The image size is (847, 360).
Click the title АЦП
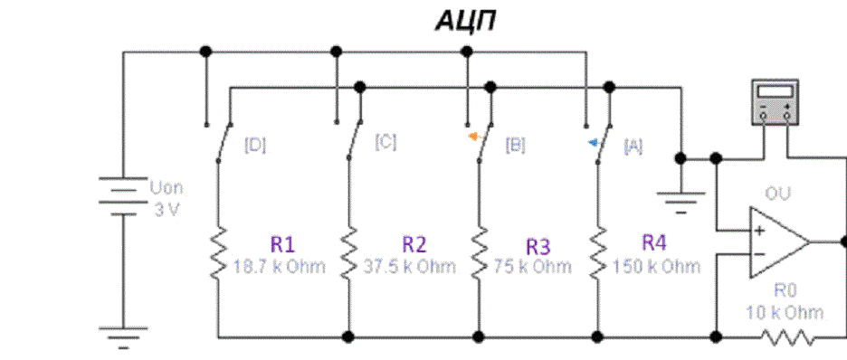tap(465, 22)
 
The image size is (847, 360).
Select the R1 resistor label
tap(282, 244)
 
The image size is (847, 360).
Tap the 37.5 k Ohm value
tap(410, 267)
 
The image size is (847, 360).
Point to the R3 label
tap(538, 247)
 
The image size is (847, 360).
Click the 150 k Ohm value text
tap(656, 266)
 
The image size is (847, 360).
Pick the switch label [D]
tap(255, 146)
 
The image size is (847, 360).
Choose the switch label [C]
tap(385, 143)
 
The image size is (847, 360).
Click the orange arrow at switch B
tap(475, 137)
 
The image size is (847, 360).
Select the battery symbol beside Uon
tap(123, 196)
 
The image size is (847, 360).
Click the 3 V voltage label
tap(167, 210)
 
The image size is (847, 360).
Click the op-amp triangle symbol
tap(779, 242)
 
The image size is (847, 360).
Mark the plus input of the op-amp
tap(759, 231)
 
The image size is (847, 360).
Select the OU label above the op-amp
tap(778, 194)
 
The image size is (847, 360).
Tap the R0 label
tap(785, 291)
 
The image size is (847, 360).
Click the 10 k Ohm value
tap(785, 312)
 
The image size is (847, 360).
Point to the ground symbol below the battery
tap(123, 336)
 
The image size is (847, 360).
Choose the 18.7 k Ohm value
tap(280, 267)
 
